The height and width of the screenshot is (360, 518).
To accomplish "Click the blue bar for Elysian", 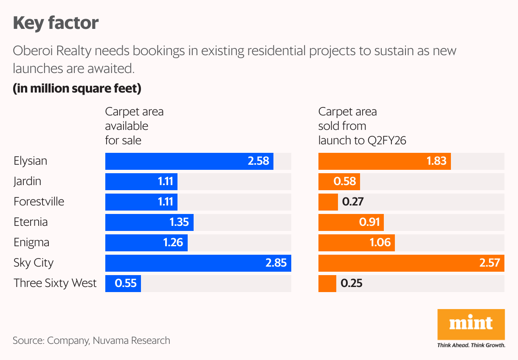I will (x=189, y=161).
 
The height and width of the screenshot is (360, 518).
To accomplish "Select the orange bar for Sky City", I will (x=411, y=263).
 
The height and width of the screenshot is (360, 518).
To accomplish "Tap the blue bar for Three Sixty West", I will (x=123, y=284).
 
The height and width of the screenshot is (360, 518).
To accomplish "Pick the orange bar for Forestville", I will (x=328, y=202).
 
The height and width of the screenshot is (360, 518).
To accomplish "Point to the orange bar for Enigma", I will (x=356, y=243).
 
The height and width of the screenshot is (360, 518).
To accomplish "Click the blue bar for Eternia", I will (x=149, y=222).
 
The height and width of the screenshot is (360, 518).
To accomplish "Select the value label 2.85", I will (x=276, y=263).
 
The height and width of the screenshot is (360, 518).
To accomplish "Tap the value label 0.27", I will (x=352, y=202).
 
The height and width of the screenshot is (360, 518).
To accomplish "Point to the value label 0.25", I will (x=352, y=284).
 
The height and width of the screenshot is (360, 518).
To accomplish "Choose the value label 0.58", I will (x=344, y=182).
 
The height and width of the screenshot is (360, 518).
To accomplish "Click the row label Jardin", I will (x=27, y=182).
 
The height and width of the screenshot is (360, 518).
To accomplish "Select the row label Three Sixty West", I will (x=55, y=284).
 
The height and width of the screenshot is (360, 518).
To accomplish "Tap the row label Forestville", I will (x=39, y=202).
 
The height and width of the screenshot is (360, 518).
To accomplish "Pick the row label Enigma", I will (x=31, y=243).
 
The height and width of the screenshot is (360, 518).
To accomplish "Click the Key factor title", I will (x=56, y=22).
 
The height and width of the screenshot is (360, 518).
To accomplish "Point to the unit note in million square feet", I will (x=77, y=89).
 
